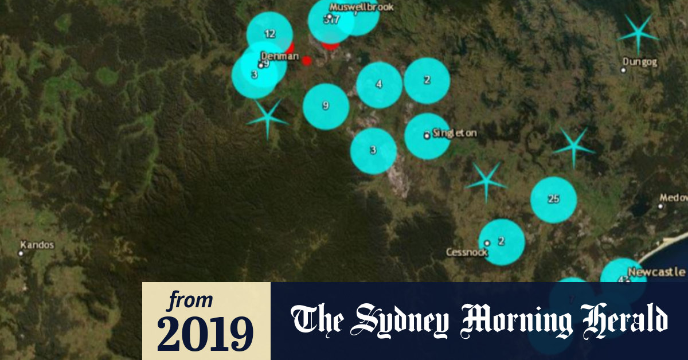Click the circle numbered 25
(x=553, y=199)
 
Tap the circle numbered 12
(x=269, y=34)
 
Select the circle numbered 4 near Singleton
(x=379, y=85)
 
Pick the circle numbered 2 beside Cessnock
(x=502, y=242)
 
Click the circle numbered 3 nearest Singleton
(x=373, y=151)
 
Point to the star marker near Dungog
(x=638, y=35)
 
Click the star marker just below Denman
(x=267, y=118)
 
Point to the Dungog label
(x=640, y=61)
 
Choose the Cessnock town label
(x=467, y=252)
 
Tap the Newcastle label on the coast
(x=656, y=272)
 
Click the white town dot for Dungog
(x=623, y=70)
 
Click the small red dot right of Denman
(x=307, y=60)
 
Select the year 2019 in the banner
(x=205, y=334)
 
